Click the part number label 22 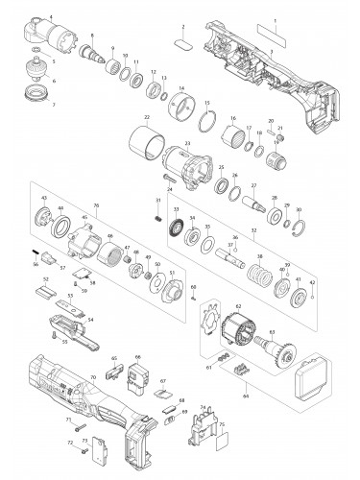(x=147, y=118)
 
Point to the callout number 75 (x=222, y=422)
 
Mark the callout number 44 (x=62, y=208)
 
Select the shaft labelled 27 (x=256, y=205)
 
